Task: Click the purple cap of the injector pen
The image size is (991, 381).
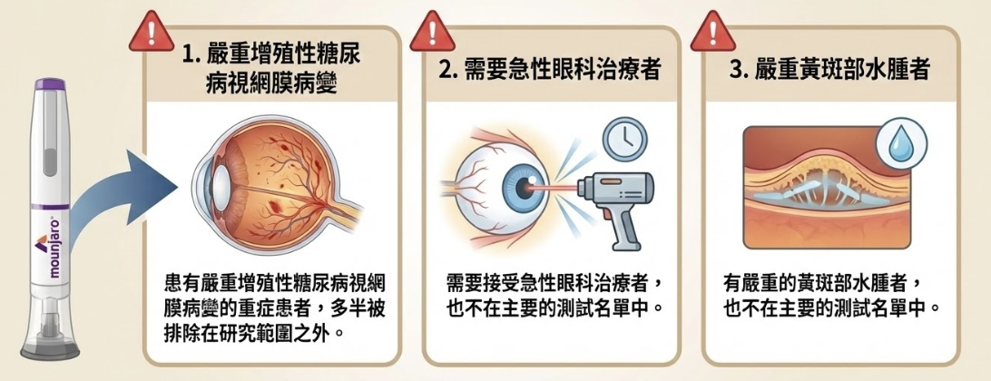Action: [49, 84]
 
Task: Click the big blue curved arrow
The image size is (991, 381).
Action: [120, 197]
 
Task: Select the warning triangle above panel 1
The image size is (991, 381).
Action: [152, 33]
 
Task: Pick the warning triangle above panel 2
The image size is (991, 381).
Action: [433, 33]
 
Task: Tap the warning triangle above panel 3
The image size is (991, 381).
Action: [713, 33]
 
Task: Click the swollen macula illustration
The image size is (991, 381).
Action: [827, 187]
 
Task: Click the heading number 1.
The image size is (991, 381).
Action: [187, 55]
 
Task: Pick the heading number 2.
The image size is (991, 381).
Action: [447, 70]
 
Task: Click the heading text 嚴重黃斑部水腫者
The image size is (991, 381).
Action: [842, 70]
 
